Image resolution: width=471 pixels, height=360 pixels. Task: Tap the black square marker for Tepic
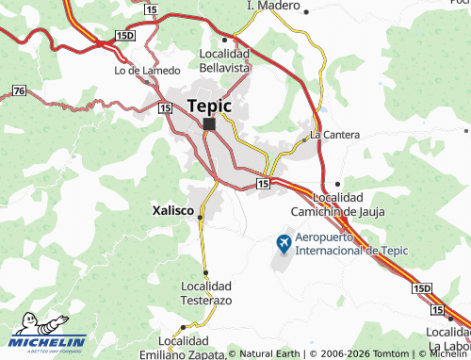pos(209,123)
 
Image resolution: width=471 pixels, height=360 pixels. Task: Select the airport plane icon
pos(284,244)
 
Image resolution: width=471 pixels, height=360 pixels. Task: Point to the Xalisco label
pos(172,212)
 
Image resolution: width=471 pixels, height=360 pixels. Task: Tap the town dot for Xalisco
pos(200,217)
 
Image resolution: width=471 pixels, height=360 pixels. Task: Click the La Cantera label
pos(334,135)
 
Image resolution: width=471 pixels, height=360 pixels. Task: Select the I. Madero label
pos(272,6)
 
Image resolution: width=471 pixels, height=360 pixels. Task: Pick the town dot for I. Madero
pos(307,12)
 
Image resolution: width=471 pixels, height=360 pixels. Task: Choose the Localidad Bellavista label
pos(224,61)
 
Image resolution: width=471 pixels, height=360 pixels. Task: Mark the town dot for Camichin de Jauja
pos(337,184)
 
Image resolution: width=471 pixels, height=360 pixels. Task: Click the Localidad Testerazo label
pos(205,292)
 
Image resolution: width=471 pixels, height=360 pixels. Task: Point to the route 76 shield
pos(20,90)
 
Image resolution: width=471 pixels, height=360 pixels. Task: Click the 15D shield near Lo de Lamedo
pos(124,35)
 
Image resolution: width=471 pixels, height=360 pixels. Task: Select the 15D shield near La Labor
pos(421,286)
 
